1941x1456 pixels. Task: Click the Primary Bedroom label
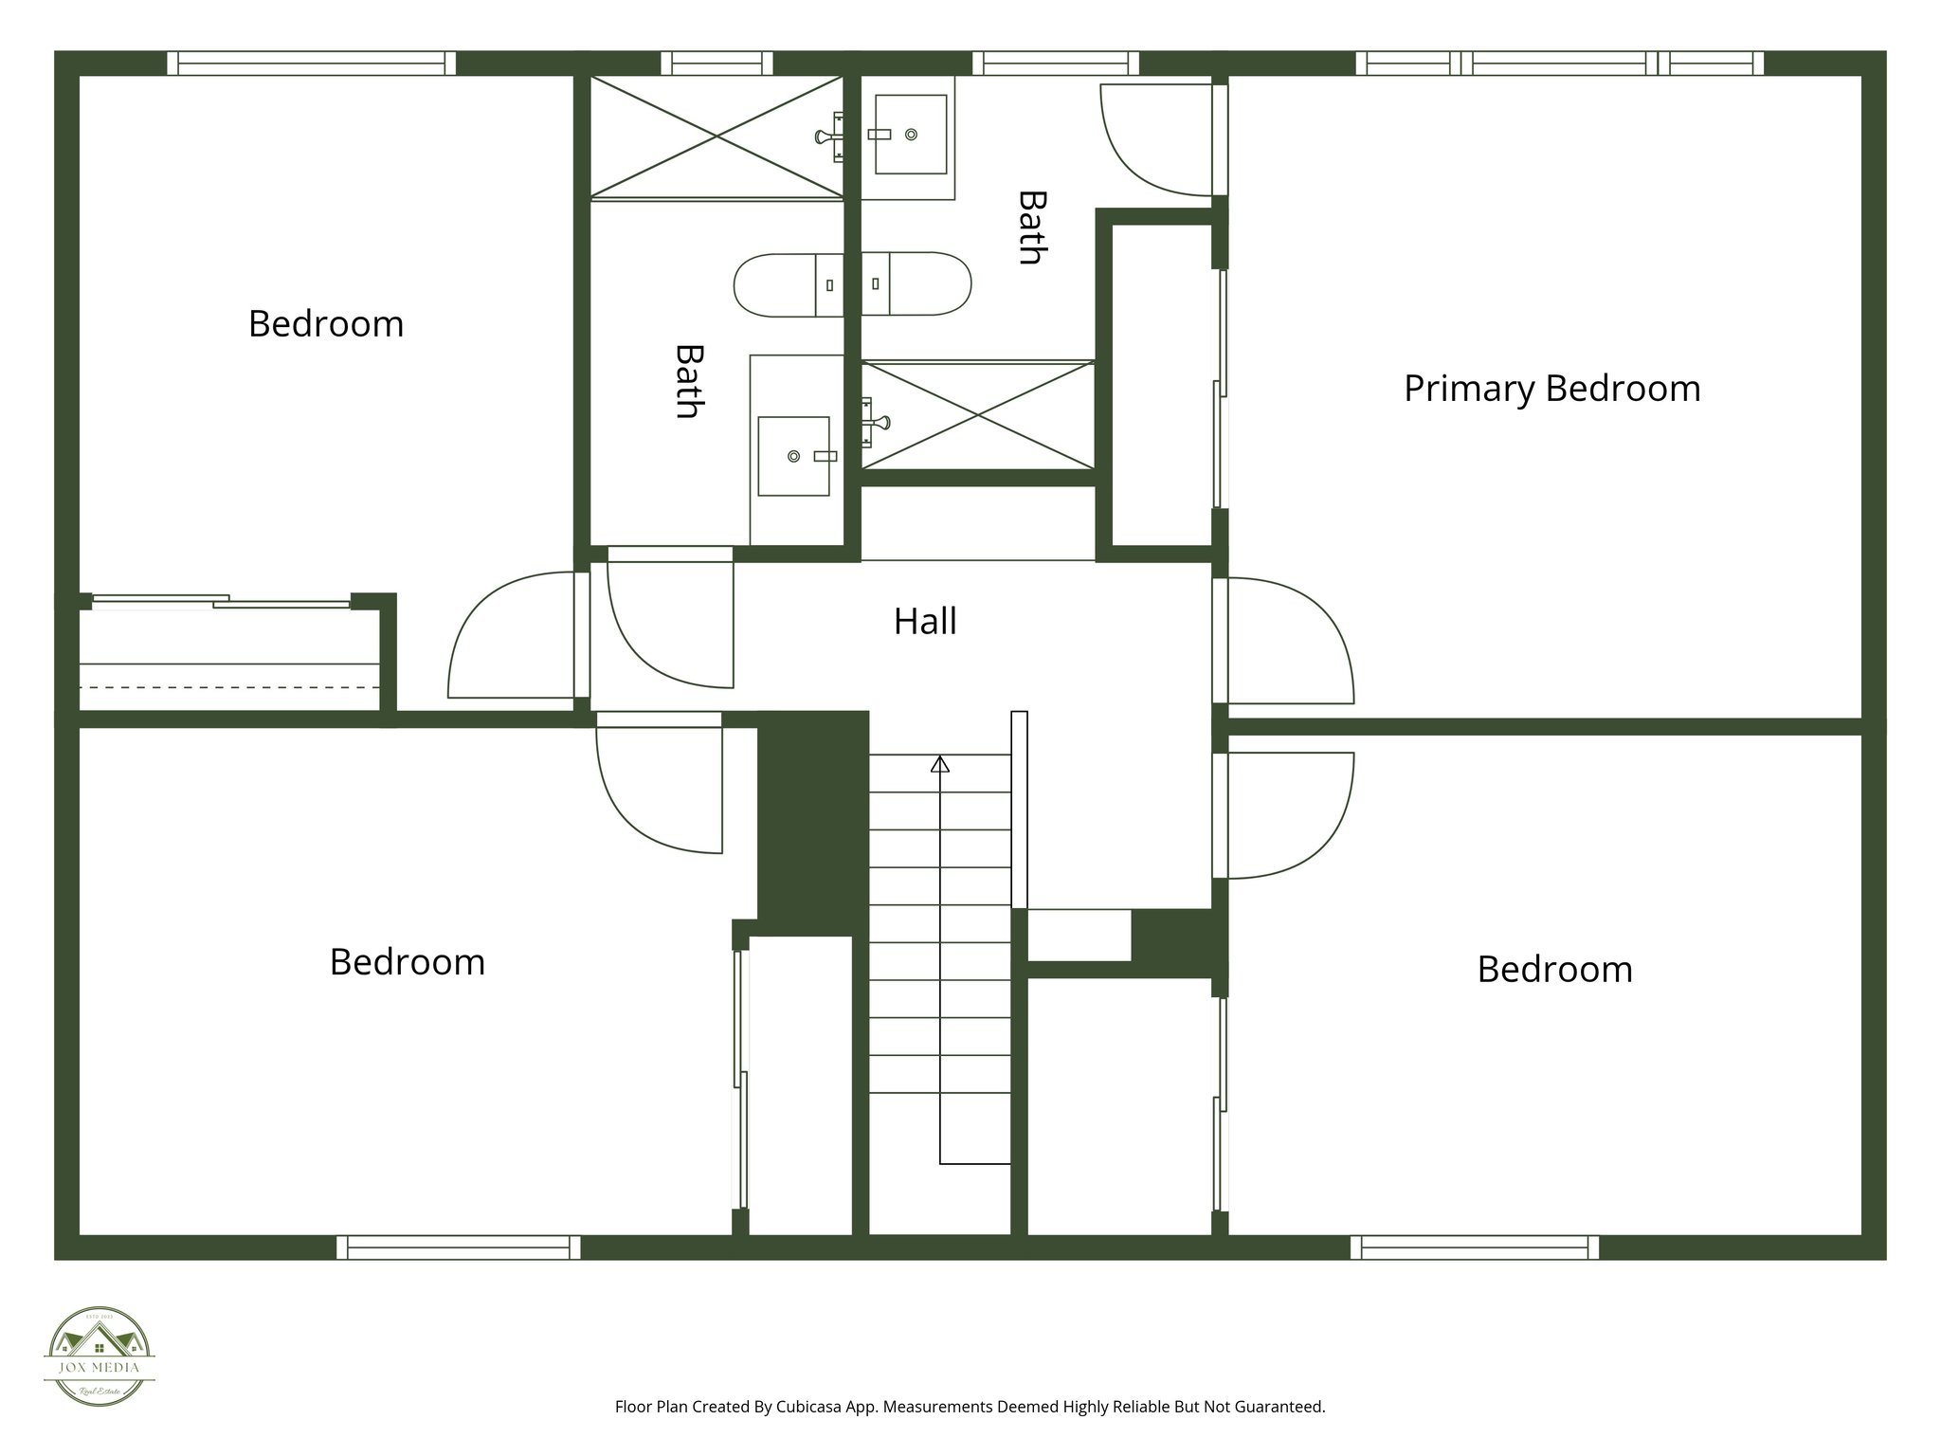1551,389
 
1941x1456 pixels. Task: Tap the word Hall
925,622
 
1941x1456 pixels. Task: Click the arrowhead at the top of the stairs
940,763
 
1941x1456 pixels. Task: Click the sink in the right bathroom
910,135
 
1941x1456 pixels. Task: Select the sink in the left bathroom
794,456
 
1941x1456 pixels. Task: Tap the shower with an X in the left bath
717,137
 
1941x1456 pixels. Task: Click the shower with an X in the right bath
977,414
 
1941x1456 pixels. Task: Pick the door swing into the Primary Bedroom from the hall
1289,643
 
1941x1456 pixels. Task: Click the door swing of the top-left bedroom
512,637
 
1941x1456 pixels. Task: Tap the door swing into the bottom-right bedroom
1289,815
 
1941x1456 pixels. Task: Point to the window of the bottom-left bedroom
459,1247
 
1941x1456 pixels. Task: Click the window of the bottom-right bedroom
1475,1247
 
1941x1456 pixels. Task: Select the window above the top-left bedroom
312,64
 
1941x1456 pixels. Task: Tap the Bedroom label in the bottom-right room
1554,970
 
